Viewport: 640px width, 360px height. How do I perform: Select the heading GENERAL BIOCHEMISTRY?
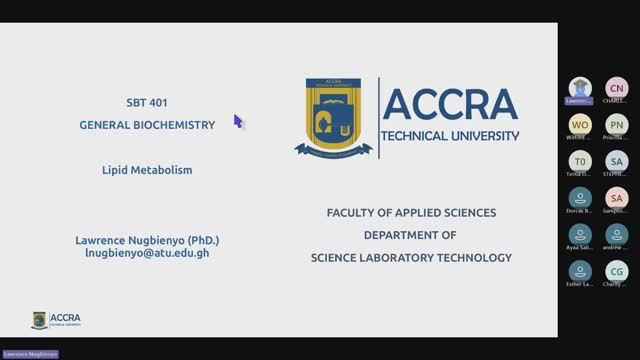(147, 125)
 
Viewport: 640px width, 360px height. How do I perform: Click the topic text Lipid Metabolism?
(147, 170)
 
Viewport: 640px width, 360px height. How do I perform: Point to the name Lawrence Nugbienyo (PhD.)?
(147, 241)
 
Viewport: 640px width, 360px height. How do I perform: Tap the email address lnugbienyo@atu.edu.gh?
(147, 254)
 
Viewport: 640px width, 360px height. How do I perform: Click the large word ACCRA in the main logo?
(450, 104)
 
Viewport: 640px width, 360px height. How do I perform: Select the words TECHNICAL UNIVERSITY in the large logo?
(451, 135)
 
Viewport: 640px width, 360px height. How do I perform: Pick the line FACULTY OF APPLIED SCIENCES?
(411, 213)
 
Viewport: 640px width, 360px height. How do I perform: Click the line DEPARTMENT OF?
(410, 235)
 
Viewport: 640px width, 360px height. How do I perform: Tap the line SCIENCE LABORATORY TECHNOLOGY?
(410, 258)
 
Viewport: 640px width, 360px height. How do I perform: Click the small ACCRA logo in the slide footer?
(57, 320)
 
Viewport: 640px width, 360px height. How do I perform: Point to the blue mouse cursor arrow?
(238, 120)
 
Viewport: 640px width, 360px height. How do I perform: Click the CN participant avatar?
(617, 88)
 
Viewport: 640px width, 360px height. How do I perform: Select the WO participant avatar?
(580, 124)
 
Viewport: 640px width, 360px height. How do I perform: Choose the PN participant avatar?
(617, 124)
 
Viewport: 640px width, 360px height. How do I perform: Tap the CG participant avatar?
(617, 271)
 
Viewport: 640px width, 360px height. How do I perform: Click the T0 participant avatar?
(580, 161)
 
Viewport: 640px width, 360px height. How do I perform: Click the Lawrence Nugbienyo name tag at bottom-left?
(30, 354)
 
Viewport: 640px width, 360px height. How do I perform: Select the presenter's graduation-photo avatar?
(580, 88)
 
